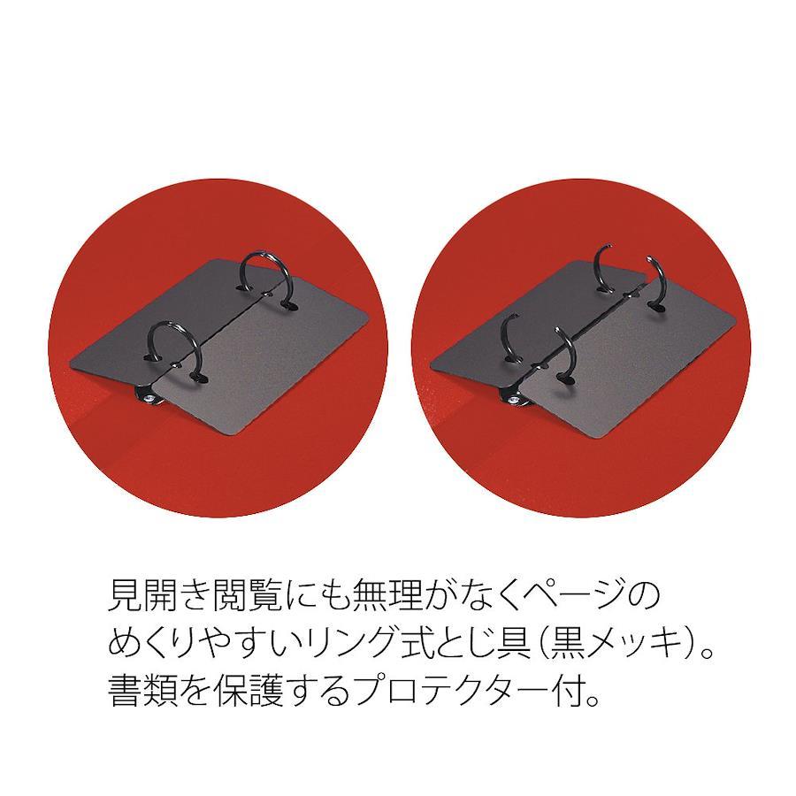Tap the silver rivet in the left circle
(x=150, y=398)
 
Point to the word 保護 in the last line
(x=248, y=691)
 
